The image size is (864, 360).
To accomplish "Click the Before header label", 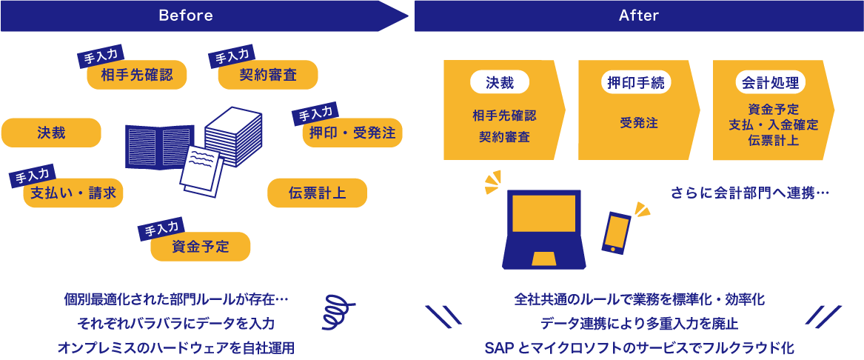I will [x=185, y=16].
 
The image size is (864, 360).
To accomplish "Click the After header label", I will [x=638, y=16].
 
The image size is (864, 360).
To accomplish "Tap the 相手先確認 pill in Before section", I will [x=137, y=75].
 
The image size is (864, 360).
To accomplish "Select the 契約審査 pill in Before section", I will [x=268, y=75].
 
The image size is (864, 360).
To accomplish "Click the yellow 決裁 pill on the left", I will [x=51, y=133].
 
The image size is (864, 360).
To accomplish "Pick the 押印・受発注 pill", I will [x=352, y=133].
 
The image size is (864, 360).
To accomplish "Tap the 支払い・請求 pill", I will [x=73, y=193].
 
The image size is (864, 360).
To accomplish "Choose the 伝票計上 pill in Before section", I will [x=317, y=193].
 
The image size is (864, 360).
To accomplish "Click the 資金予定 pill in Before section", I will [x=201, y=247].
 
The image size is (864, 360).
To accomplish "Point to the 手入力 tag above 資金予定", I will [x=161, y=230].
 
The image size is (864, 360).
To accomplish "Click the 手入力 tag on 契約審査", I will [x=232, y=56].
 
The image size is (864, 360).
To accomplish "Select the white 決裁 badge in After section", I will [x=500, y=82].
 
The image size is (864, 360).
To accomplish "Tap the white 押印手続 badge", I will [x=634, y=82].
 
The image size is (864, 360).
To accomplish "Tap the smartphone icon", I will [x=617, y=233].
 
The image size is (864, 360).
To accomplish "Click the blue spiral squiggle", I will [x=337, y=310].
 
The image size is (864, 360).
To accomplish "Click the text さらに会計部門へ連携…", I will [x=749, y=193].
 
